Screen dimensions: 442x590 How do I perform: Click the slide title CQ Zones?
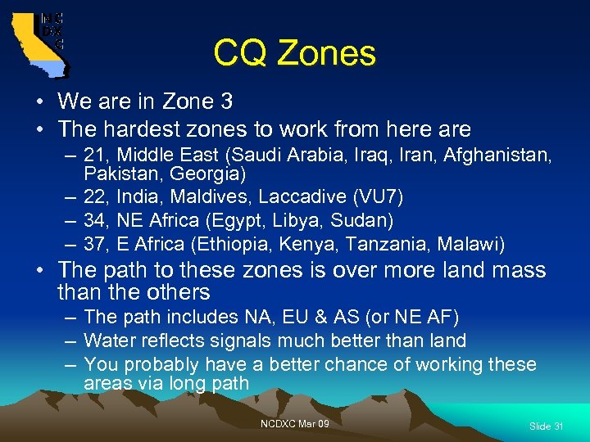point(294,54)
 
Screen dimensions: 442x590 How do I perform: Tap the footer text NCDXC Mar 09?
point(294,423)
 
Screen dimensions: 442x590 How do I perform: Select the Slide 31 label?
point(546,426)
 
